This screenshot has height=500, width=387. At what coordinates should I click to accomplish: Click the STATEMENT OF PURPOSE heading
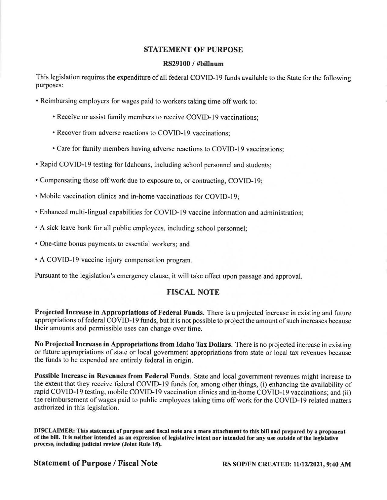193,50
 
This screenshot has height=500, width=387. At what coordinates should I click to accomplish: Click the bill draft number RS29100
174,64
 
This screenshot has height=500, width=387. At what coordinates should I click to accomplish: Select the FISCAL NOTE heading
193,292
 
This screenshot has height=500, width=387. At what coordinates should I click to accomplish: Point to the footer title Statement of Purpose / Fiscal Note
95,463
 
